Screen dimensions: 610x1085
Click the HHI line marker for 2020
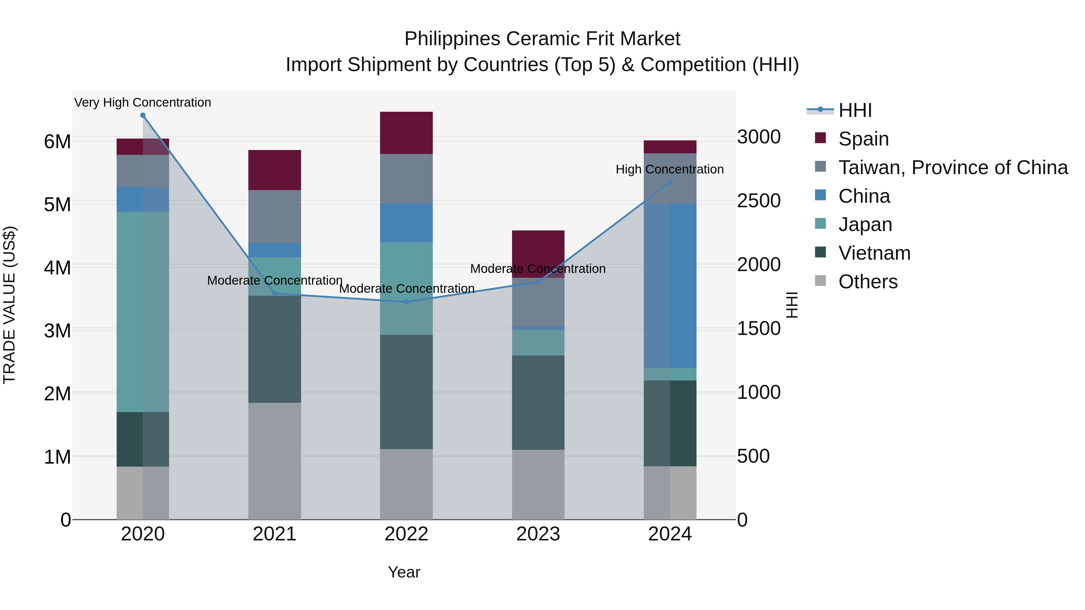tap(143, 115)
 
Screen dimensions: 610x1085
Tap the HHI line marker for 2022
tap(407, 302)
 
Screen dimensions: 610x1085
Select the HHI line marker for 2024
tap(670, 182)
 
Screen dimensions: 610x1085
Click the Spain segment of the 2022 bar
tap(407, 133)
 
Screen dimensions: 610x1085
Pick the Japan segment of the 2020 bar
tap(143, 311)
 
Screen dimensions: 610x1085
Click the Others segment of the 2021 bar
tap(275, 461)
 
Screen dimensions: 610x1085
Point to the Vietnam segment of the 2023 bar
tap(538, 402)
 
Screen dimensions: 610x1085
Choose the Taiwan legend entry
tap(953, 167)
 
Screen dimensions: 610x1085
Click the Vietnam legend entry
tap(874, 253)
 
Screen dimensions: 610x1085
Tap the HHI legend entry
tap(855, 110)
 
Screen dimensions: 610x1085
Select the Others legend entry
tap(868, 282)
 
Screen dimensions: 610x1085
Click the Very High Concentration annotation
tap(143, 102)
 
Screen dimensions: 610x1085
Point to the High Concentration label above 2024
tap(670, 169)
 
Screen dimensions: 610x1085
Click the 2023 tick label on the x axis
tap(538, 534)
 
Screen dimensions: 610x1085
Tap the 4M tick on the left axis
tap(58, 267)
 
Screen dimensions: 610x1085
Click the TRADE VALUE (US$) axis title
tap(9, 305)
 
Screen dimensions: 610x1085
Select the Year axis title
tap(404, 572)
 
